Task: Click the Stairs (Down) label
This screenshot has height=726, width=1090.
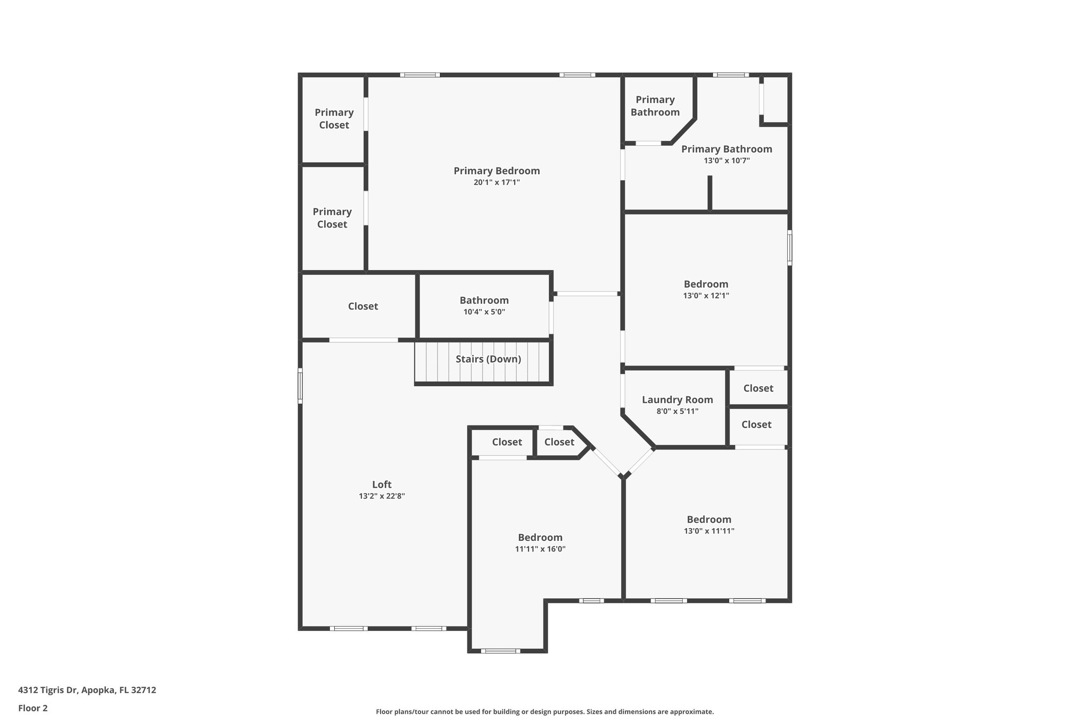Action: (x=488, y=359)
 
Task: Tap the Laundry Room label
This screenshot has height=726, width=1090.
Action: (x=677, y=400)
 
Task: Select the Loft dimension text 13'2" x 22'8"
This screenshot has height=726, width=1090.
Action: (x=382, y=496)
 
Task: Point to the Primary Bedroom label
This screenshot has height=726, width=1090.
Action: (x=497, y=171)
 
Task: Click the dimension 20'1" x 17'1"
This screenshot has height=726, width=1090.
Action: (x=497, y=182)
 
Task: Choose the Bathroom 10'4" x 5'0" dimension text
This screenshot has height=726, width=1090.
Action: (x=484, y=312)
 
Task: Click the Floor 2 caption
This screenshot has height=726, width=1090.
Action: (x=33, y=708)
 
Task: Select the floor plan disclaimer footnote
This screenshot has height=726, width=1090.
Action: (x=544, y=712)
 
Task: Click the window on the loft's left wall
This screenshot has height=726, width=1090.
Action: (x=300, y=385)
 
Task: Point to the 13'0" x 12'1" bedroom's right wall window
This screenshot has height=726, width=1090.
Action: (x=789, y=247)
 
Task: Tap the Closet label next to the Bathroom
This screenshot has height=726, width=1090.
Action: (x=363, y=306)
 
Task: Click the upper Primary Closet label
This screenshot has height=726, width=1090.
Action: (x=334, y=119)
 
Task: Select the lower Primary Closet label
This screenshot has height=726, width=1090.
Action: (x=332, y=218)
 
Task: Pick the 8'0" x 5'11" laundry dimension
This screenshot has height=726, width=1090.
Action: (x=677, y=411)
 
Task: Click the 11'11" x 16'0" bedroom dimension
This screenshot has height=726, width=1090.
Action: (x=540, y=549)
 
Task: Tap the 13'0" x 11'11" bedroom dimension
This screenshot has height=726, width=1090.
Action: (x=709, y=531)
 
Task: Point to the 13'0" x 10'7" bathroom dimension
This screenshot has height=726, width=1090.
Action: (x=726, y=161)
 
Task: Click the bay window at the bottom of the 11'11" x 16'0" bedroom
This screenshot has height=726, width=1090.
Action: (x=500, y=650)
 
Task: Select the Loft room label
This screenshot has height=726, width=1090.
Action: (x=382, y=485)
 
